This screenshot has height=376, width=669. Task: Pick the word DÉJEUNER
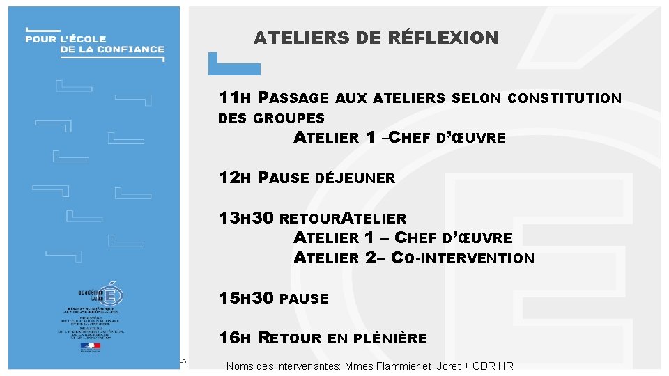[355, 178]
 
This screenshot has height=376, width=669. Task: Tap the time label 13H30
[246, 219]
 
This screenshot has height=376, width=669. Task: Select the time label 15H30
[246, 299]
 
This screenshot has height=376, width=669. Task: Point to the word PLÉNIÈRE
[390, 339]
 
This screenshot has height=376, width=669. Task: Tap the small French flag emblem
[91, 346]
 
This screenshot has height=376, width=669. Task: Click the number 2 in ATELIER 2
[371, 258]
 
